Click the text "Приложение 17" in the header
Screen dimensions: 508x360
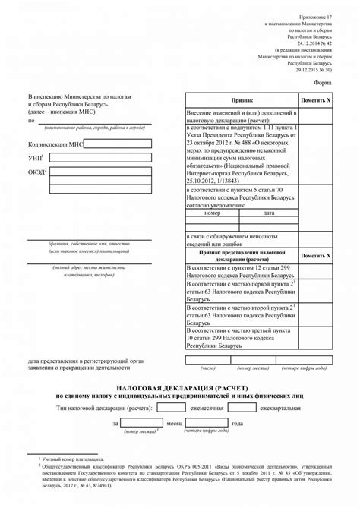click(x=316, y=16)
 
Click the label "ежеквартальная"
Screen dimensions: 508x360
click(x=285, y=408)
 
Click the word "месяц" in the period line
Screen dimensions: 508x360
click(x=175, y=423)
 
